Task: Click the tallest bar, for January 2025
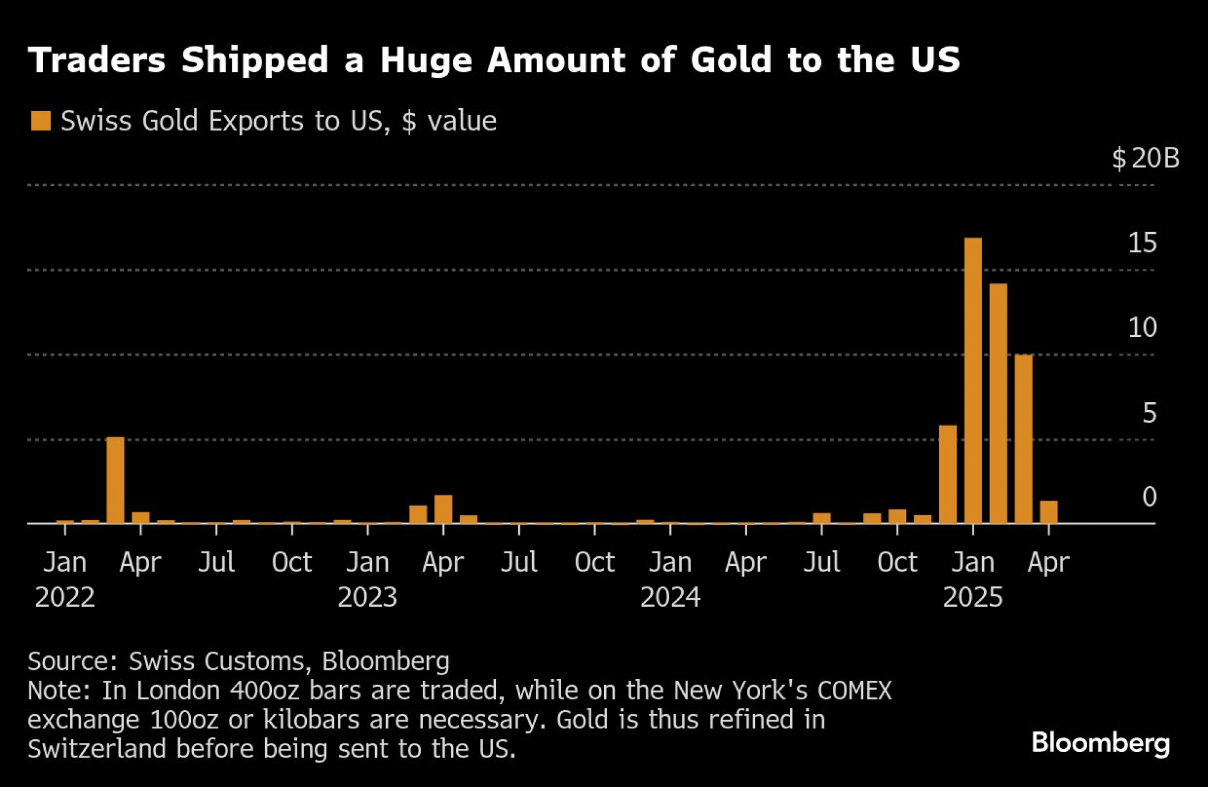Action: coord(972,381)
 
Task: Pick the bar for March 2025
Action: coord(1023,439)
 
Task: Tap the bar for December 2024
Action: coord(948,474)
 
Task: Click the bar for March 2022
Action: coord(115,480)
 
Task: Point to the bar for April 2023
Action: coord(443,509)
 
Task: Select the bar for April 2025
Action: coord(1049,512)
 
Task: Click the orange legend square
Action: coord(40,121)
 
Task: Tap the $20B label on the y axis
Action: coord(1146,158)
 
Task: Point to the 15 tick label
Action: coord(1142,243)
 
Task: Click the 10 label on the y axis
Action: coord(1142,328)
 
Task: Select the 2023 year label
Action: coord(367,598)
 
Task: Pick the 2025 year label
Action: coord(972,598)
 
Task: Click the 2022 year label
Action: coord(65,598)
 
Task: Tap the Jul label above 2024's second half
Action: coord(821,562)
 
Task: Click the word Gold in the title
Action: coord(731,60)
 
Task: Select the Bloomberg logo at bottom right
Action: coord(1100,742)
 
